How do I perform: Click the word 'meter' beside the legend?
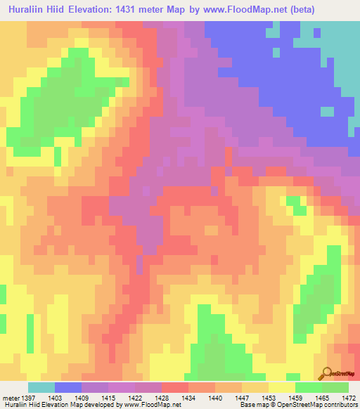[13, 397]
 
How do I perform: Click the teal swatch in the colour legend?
[41, 387]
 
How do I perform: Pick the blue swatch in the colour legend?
[68, 387]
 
